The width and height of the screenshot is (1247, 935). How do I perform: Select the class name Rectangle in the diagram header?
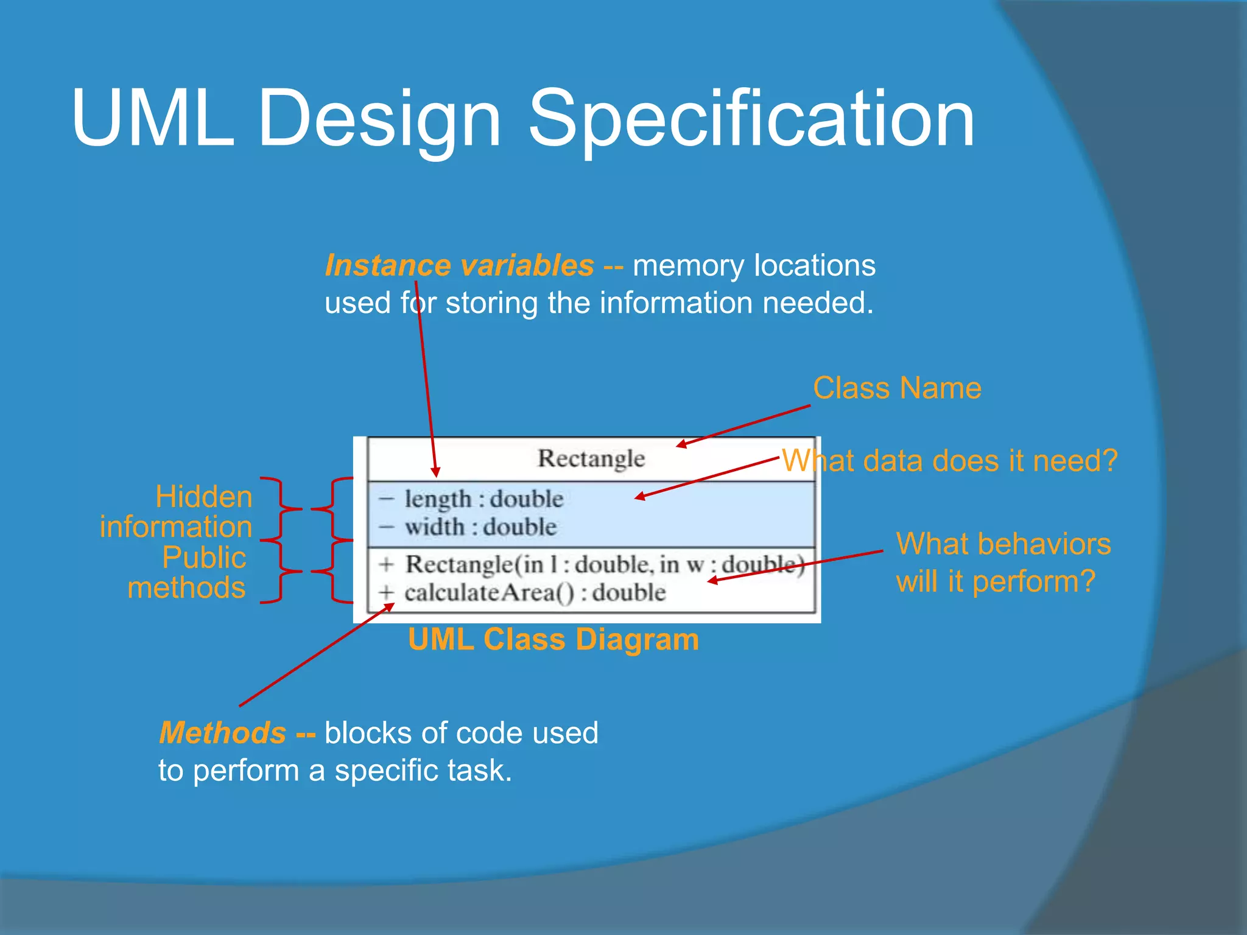(591, 458)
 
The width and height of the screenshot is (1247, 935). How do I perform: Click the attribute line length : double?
(483, 499)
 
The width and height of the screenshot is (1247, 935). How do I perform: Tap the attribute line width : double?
(480, 527)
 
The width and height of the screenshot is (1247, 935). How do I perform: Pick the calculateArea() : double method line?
(535, 592)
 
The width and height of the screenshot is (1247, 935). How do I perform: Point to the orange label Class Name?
(896, 388)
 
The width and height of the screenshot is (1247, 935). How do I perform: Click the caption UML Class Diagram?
(553, 640)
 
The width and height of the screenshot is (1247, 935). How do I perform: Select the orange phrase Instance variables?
(459, 265)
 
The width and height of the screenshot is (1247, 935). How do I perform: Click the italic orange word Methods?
(222, 732)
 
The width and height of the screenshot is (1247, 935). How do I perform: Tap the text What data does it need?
(949, 461)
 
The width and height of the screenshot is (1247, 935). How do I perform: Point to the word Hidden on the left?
(203, 497)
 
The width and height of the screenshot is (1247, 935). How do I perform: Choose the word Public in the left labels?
(204, 558)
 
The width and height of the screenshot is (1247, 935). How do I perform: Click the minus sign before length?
(386, 499)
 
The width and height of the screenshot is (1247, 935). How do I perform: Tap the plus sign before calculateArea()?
(386, 592)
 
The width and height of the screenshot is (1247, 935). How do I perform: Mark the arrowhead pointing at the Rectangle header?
(682, 445)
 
